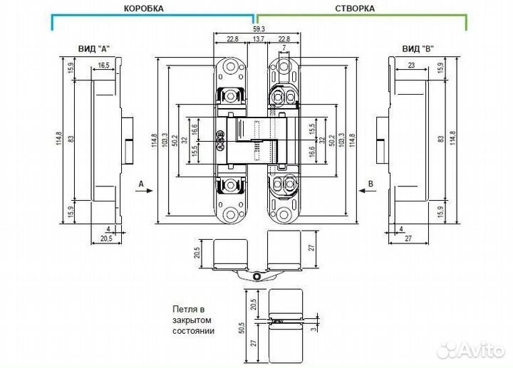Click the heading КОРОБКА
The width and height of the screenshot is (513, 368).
(x=144, y=8)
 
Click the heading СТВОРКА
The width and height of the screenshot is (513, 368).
(x=355, y=8)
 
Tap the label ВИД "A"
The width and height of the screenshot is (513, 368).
(x=93, y=48)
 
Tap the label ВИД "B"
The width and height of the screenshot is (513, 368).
(x=418, y=48)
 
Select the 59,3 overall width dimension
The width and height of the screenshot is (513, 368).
(x=259, y=28)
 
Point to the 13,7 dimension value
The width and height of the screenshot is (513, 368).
(x=259, y=39)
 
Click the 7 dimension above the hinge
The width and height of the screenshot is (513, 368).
(x=284, y=48)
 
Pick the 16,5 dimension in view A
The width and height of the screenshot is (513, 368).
(x=103, y=65)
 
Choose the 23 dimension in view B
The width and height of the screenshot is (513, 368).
(x=411, y=65)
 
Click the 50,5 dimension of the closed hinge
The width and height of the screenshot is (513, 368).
(x=242, y=328)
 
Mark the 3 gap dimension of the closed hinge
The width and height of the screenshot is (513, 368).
(x=314, y=328)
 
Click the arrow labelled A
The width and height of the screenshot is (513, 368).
(x=144, y=191)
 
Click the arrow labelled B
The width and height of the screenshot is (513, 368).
(x=368, y=191)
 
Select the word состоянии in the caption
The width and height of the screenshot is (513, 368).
(x=193, y=331)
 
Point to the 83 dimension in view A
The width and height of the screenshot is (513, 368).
(x=71, y=139)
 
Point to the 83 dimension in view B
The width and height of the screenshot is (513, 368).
(x=441, y=139)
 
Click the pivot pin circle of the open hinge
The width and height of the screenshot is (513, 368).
(x=256, y=276)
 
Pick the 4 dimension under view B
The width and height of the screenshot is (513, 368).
(x=401, y=229)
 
